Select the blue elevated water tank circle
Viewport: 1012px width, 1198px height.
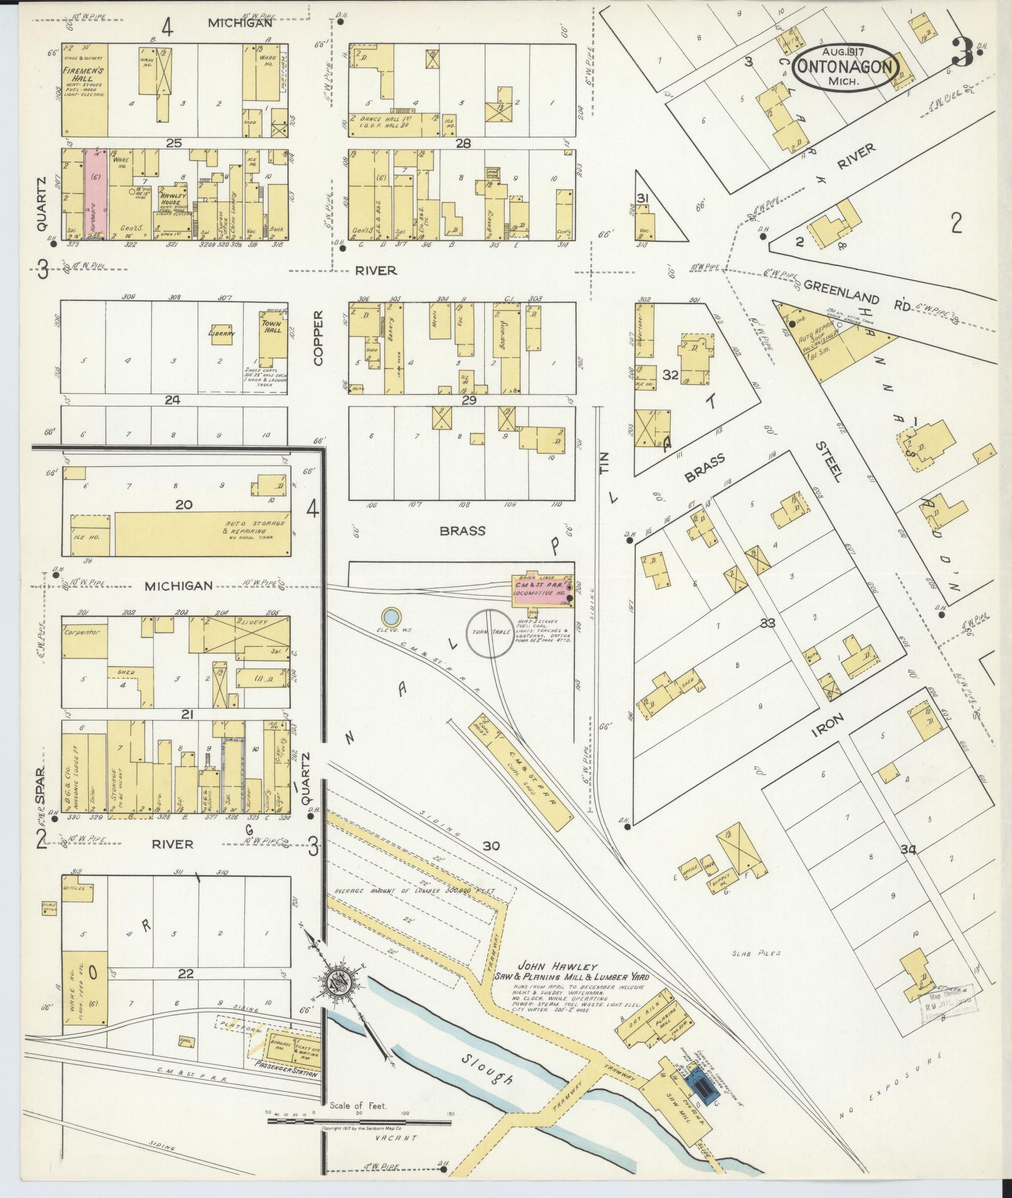click(390, 617)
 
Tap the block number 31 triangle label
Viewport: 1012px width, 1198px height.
click(643, 198)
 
